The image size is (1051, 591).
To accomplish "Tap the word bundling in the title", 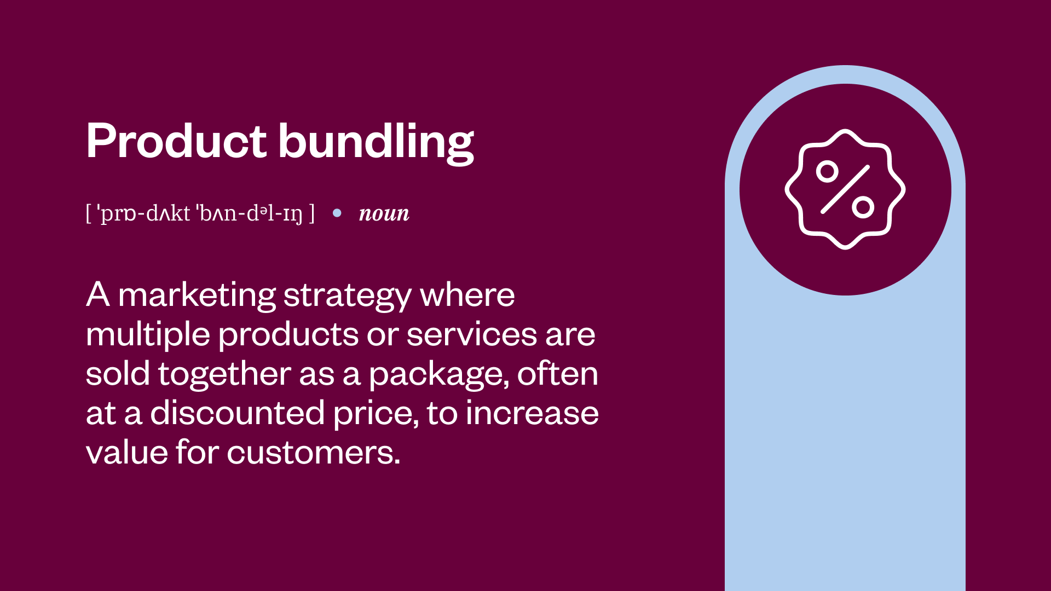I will [x=376, y=142].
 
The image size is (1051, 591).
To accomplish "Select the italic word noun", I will [x=384, y=213].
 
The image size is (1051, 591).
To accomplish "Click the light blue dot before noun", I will [x=337, y=213].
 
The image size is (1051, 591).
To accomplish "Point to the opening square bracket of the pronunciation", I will [x=89, y=213].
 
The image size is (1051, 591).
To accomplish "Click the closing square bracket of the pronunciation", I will [x=312, y=213].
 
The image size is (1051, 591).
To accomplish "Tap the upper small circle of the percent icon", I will [x=827, y=172].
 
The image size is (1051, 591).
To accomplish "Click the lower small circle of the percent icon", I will [x=863, y=207].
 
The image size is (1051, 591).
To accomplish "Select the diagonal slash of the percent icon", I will [x=845, y=189].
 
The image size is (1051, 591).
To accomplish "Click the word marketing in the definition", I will [x=197, y=296].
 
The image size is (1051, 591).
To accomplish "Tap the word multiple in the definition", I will [x=148, y=335].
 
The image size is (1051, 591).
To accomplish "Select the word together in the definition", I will [x=224, y=375].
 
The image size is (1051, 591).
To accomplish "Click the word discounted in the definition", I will [x=237, y=413].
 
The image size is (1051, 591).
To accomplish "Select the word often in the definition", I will [x=557, y=374].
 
